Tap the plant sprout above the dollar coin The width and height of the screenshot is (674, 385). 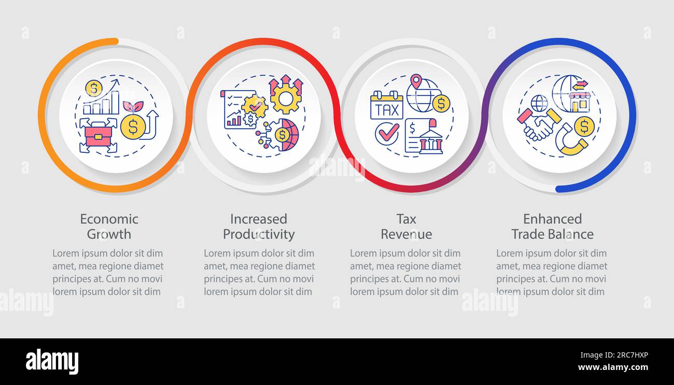pyautogui.click(x=132, y=107)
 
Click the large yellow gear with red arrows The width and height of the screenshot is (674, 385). pyautogui.click(x=285, y=95)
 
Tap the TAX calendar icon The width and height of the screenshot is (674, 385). pyautogui.click(x=386, y=105)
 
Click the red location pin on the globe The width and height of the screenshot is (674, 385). pyautogui.click(x=415, y=82)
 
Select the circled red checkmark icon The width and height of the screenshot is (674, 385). pyautogui.click(x=387, y=133)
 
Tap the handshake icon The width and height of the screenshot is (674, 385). pyautogui.click(x=538, y=125)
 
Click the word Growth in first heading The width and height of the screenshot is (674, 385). pyautogui.click(x=109, y=234)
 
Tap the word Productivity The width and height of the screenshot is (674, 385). pyautogui.click(x=259, y=234)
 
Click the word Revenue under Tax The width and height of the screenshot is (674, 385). pyautogui.click(x=406, y=234)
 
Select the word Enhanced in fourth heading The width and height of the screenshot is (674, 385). pyautogui.click(x=552, y=219)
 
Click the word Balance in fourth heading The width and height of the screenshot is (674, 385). pyautogui.click(x=572, y=234)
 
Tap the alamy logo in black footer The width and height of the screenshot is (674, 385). pyautogui.click(x=52, y=362)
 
